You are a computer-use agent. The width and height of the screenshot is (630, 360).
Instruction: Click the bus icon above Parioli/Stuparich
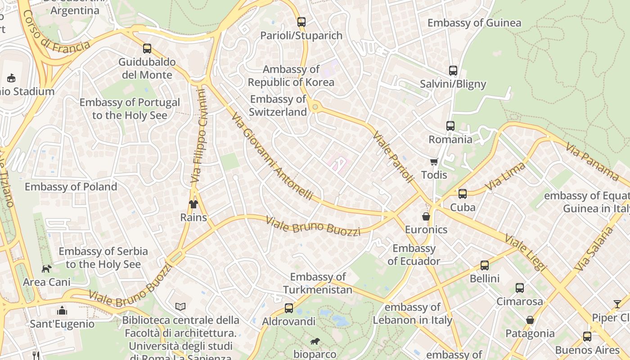pos(301,22)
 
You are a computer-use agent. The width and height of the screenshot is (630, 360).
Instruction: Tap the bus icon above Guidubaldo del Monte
pos(147,49)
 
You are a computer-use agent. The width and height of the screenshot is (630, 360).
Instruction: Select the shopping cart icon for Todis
pos(434,162)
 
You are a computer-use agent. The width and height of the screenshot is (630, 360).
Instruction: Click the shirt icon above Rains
pos(193,204)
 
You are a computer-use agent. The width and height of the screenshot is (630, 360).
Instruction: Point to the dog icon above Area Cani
pos(47,269)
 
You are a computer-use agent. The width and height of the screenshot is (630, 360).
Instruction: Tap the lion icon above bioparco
pos(315,342)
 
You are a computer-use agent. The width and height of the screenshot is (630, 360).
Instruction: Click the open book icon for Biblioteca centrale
pos(180,306)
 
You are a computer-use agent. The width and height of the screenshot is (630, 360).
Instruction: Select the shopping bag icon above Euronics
pos(426,216)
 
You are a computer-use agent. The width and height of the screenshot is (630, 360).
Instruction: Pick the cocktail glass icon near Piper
pos(617,304)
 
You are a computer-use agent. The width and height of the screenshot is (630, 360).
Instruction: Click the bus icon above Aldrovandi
pos(289,308)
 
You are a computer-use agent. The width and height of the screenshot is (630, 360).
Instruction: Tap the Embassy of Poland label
pos(71,187)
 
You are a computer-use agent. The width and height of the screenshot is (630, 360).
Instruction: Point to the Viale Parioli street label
pos(393,157)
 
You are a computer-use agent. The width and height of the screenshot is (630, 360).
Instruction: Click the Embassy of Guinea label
pos(474,23)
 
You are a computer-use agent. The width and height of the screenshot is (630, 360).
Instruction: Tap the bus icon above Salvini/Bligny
pos(453,71)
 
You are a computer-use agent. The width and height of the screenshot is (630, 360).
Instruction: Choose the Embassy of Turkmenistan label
pos(318,283)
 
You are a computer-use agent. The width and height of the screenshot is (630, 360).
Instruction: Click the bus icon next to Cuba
pos(462,194)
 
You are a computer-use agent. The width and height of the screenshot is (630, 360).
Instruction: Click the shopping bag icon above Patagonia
pos(530,320)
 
